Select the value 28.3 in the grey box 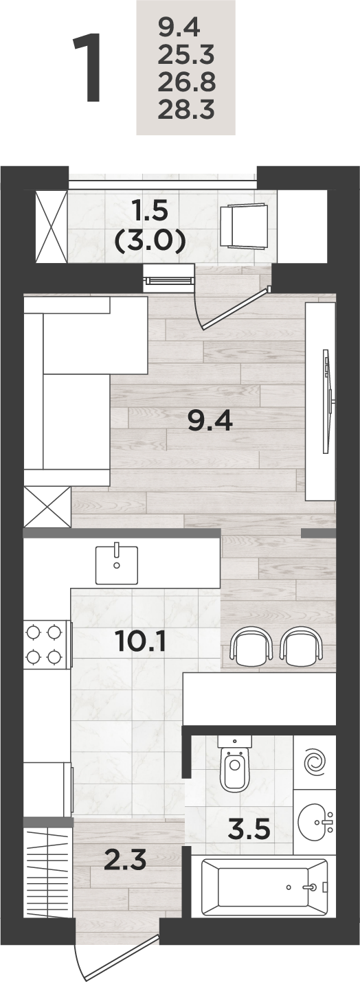(186, 110)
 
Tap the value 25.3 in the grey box (186, 56)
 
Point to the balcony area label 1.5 (150, 212)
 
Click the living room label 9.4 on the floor (209, 421)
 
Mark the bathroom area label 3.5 (248, 829)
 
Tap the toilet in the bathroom (235, 764)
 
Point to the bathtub (265, 887)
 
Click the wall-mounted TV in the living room (328, 402)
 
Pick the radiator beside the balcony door (170, 279)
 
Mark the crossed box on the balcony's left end (52, 226)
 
